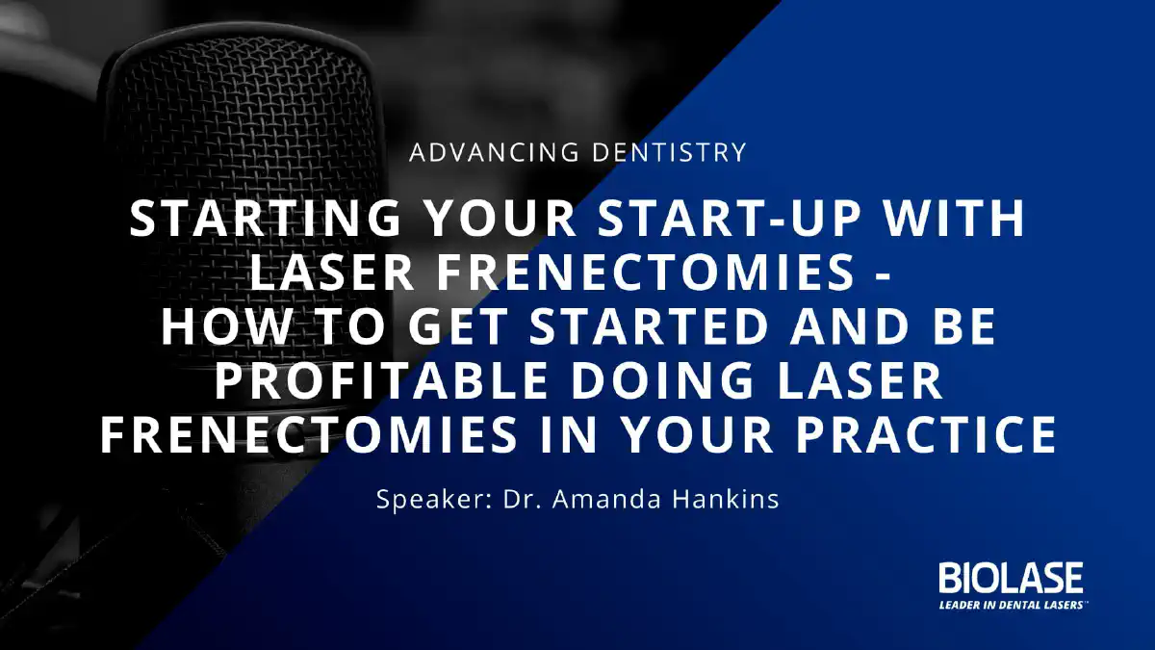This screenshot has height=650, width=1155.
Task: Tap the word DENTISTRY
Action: click(x=669, y=152)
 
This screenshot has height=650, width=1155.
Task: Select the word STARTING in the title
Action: click(x=265, y=219)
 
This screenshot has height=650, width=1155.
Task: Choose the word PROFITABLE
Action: click(x=380, y=380)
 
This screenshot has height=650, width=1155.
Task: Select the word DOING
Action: click(x=662, y=380)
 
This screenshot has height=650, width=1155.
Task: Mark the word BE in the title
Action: click(x=964, y=326)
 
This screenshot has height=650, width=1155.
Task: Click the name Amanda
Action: click(x=606, y=499)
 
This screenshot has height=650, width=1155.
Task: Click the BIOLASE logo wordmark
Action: click(x=1012, y=578)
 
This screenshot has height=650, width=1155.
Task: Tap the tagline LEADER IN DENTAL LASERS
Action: click(x=1012, y=605)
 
